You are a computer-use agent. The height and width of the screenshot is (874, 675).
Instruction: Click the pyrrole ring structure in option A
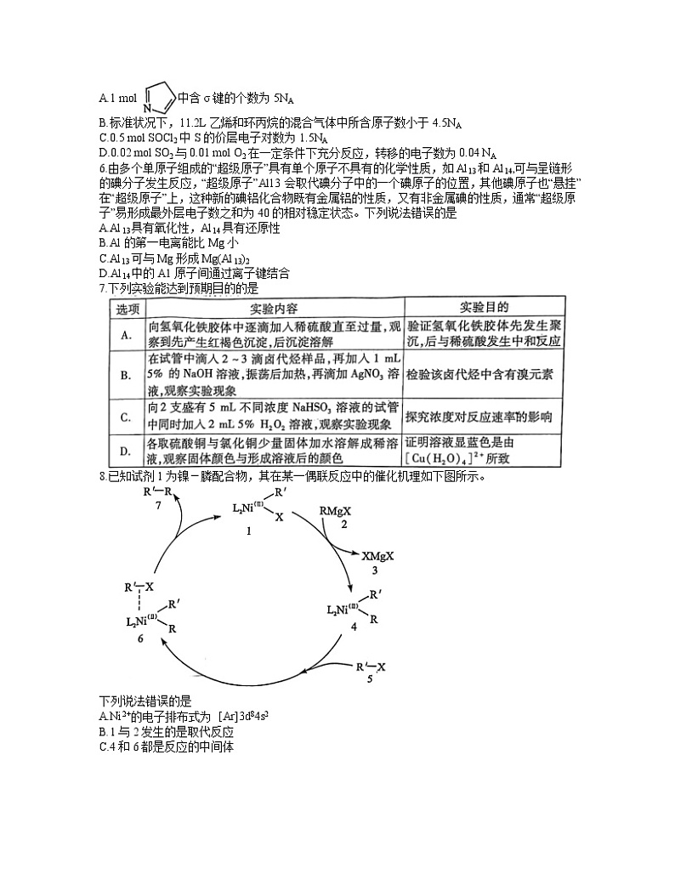(x=159, y=98)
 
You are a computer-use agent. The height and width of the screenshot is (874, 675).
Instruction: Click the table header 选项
(x=127, y=308)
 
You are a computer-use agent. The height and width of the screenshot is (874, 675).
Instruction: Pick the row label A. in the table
(x=127, y=335)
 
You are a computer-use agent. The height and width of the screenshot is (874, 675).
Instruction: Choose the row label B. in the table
(x=127, y=375)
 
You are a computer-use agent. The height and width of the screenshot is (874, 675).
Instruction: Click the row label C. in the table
(x=127, y=417)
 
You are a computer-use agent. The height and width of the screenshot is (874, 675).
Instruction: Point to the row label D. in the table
(x=127, y=450)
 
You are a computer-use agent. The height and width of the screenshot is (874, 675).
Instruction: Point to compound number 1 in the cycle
(x=248, y=530)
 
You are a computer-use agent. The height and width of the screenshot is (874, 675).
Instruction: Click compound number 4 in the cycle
(x=354, y=627)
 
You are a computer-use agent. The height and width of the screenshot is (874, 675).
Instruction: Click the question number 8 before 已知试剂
(x=102, y=476)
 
